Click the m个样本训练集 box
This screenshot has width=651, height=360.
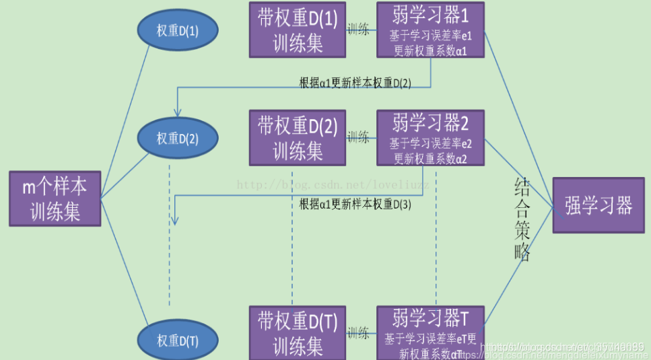[x=55, y=199]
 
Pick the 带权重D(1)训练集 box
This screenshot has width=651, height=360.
[x=297, y=30]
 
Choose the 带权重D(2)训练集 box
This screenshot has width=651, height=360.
[x=297, y=137]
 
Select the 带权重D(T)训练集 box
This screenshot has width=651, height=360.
[x=297, y=332]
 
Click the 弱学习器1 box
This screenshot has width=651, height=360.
[x=430, y=30]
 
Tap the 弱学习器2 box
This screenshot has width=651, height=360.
[x=430, y=138]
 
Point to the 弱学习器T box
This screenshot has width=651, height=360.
[x=430, y=332]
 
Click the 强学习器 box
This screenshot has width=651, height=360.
[x=598, y=205]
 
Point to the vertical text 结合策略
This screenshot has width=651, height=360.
[x=522, y=219]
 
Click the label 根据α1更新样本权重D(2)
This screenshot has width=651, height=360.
[x=355, y=83]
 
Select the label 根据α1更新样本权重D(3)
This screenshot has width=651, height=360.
[x=355, y=205]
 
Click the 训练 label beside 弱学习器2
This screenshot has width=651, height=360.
[x=357, y=137]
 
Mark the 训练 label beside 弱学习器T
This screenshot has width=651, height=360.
[x=357, y=332]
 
